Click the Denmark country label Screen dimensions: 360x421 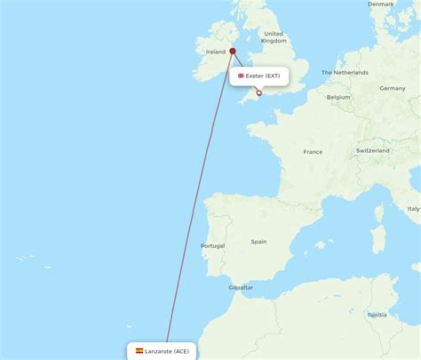click(x=381, y=4)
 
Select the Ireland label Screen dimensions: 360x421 click(x=217, y=52)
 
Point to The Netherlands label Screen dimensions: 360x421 click(x=346, y=72)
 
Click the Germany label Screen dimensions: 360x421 click(x=392, y=88)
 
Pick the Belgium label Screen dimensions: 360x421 click(x=338, y=97)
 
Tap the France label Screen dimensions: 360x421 click(x=313, y=152)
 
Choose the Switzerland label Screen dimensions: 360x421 click(x=372, y=150)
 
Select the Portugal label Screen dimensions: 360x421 click(x=212, y=245)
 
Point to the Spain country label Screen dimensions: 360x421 click(x=258, y=241)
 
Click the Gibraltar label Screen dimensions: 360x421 click(x=241, y=287)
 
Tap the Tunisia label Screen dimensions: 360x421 click(x=377, y=314)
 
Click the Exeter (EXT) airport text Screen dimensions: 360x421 click(x=263, y=76)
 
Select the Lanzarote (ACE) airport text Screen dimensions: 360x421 click(x=168, y=351)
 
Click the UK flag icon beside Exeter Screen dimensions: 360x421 click(x=241, y=76)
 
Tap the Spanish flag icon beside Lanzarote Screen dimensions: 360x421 click(x=139, y=351)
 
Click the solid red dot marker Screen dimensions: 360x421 click(x=233, y=51)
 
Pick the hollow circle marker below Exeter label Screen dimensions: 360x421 click(x=258, y=92)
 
